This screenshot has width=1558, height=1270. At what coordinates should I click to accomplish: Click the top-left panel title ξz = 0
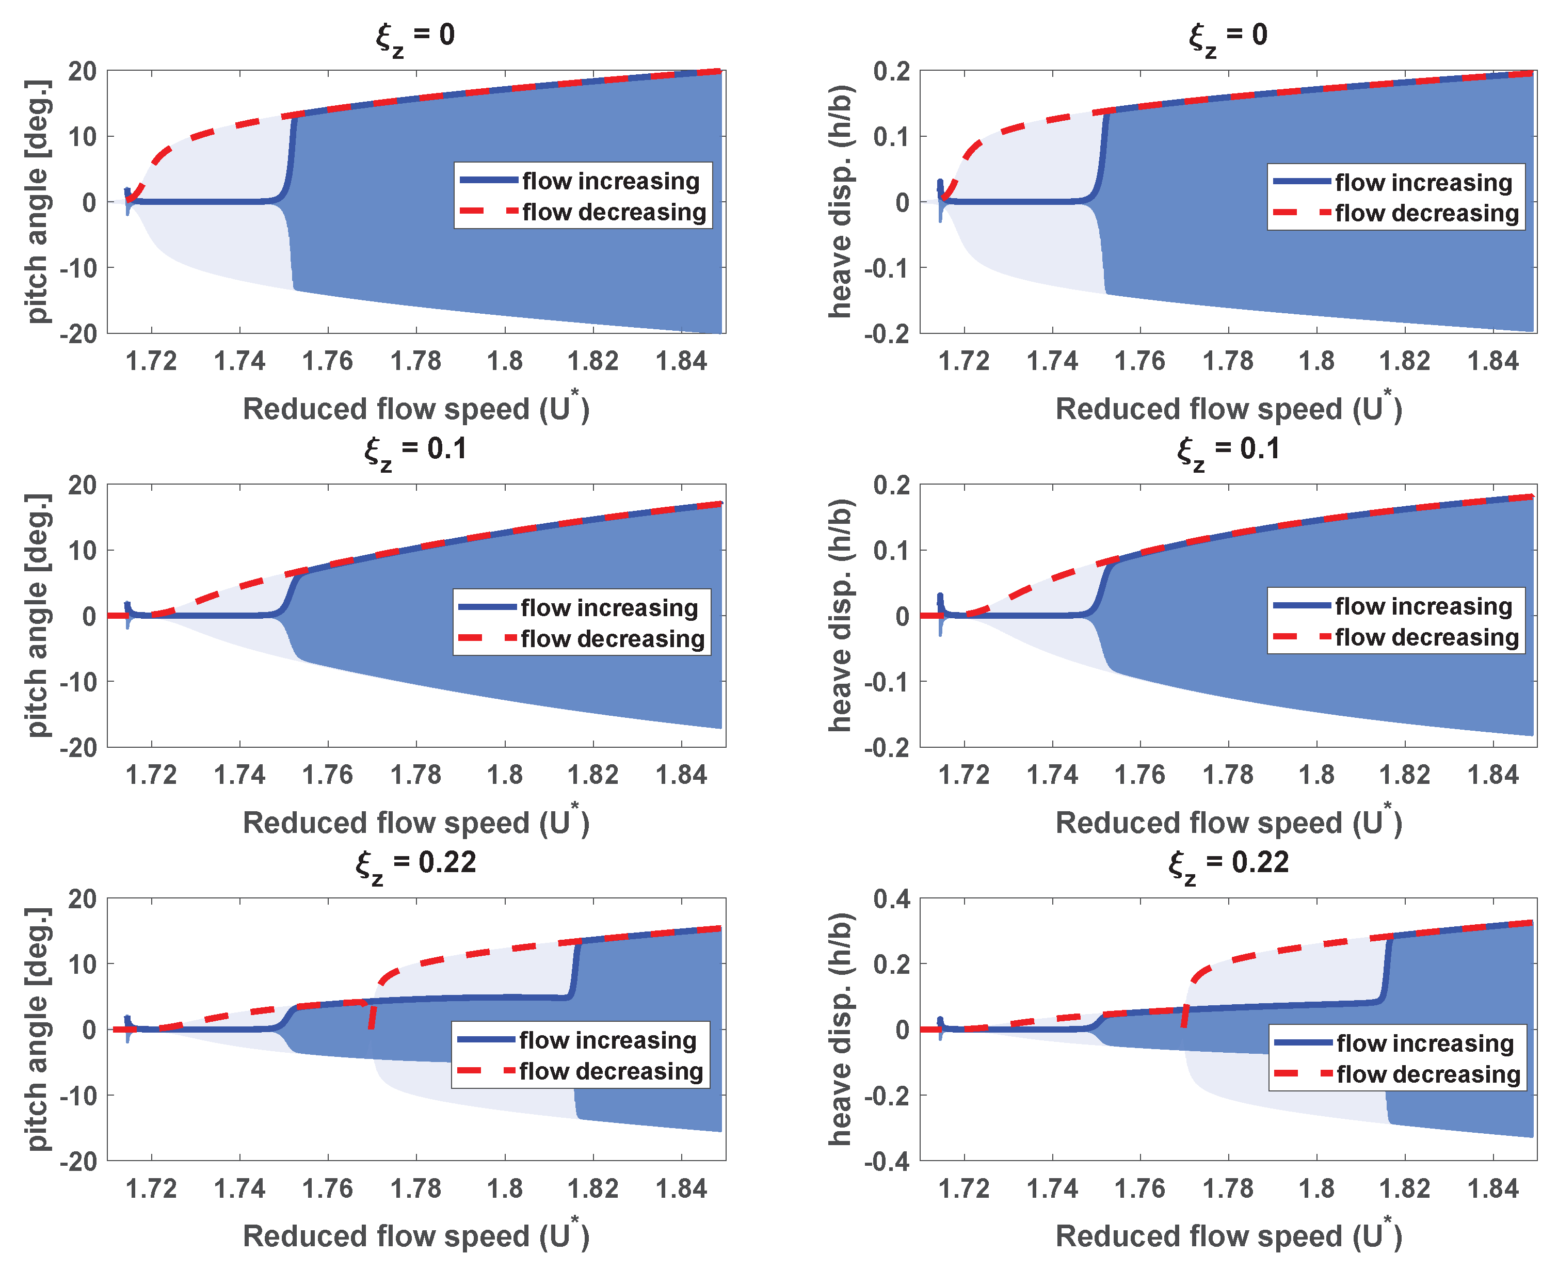[415, 36]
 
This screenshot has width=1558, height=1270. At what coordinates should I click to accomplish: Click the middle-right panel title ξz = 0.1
[1228, 449]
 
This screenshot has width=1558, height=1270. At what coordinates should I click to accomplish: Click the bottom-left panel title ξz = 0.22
[415, 863]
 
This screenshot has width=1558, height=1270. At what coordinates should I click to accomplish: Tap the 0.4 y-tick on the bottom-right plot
[892, 899]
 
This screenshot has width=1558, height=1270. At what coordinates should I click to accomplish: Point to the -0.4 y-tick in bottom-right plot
[887, 1162]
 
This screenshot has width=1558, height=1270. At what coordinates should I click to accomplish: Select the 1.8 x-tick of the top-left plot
[505, 361]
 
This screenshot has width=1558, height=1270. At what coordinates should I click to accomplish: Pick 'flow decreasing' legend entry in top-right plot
[1426, 213]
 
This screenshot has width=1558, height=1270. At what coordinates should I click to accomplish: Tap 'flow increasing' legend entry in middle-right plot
[1423, 606]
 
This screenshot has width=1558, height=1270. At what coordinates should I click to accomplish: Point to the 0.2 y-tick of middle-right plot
[892, 485]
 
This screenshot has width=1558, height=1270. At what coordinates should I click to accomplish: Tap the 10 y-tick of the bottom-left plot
[83, 964]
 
